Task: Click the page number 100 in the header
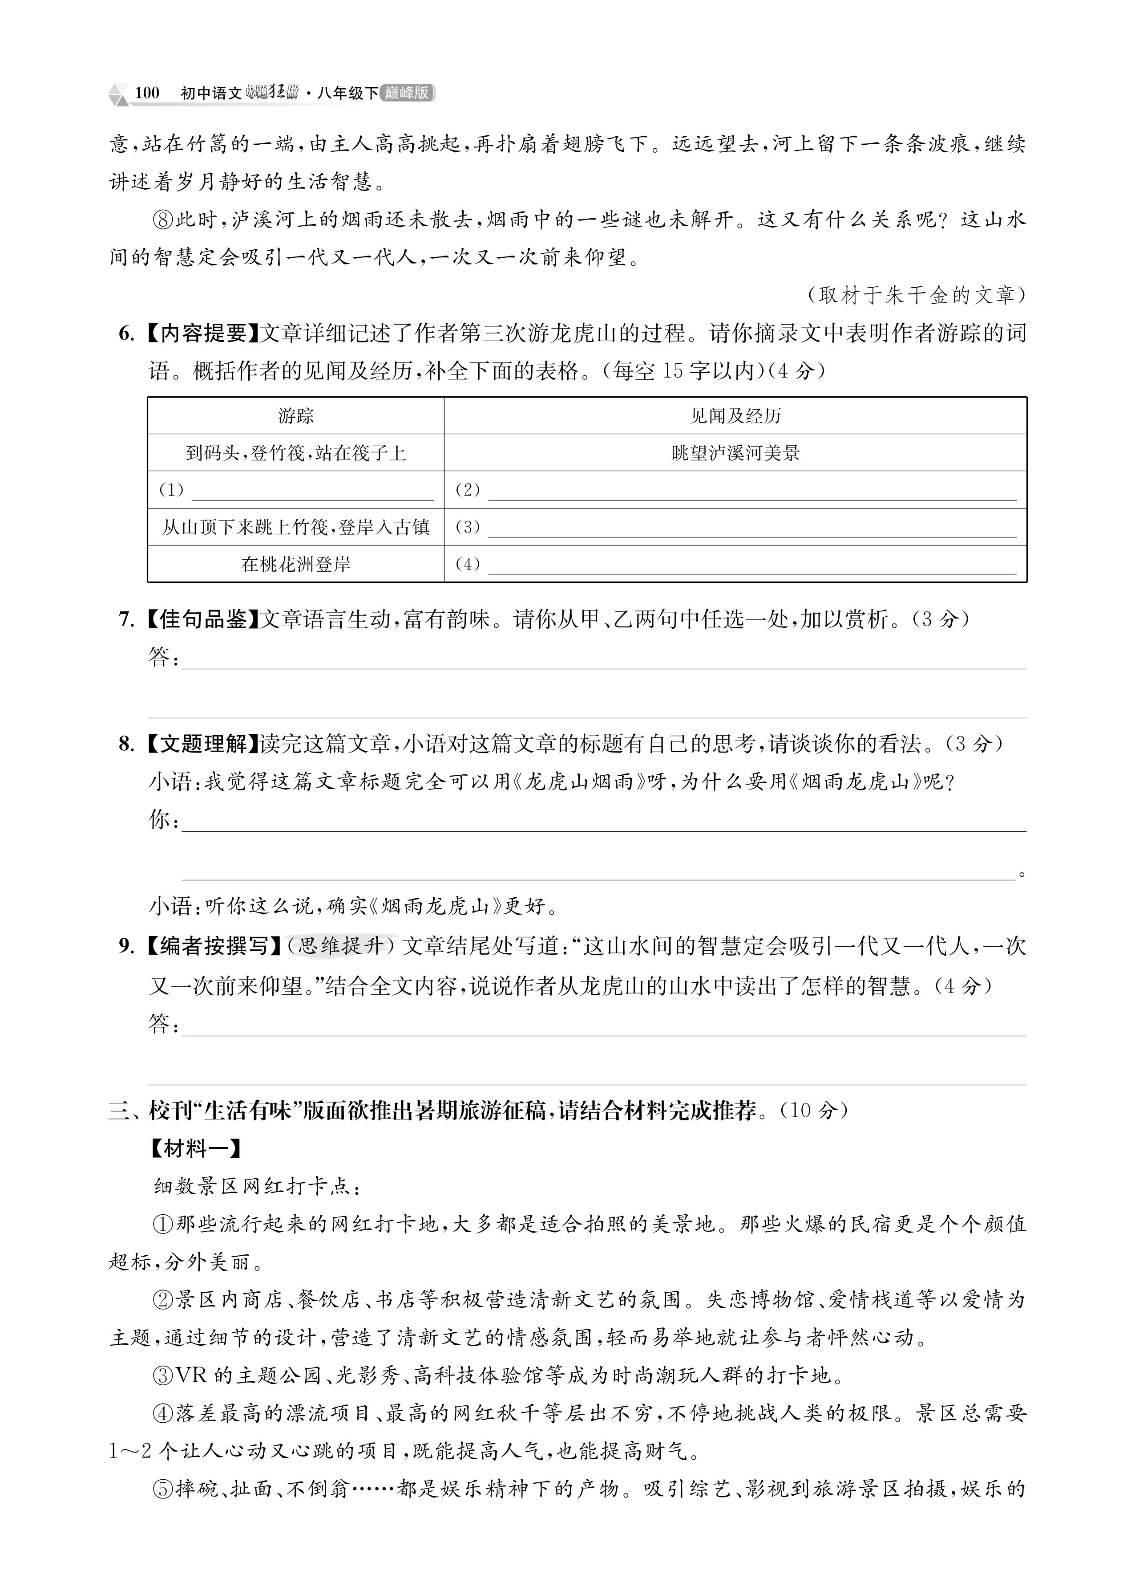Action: [147, 93]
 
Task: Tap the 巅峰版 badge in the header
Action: [408, 93]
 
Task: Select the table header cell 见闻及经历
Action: [735, 416]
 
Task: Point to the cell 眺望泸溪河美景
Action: [735, 453]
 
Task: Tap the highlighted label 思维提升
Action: [341, 946]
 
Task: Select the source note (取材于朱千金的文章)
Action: [916, 295]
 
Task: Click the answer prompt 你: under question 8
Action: [164, 819]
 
